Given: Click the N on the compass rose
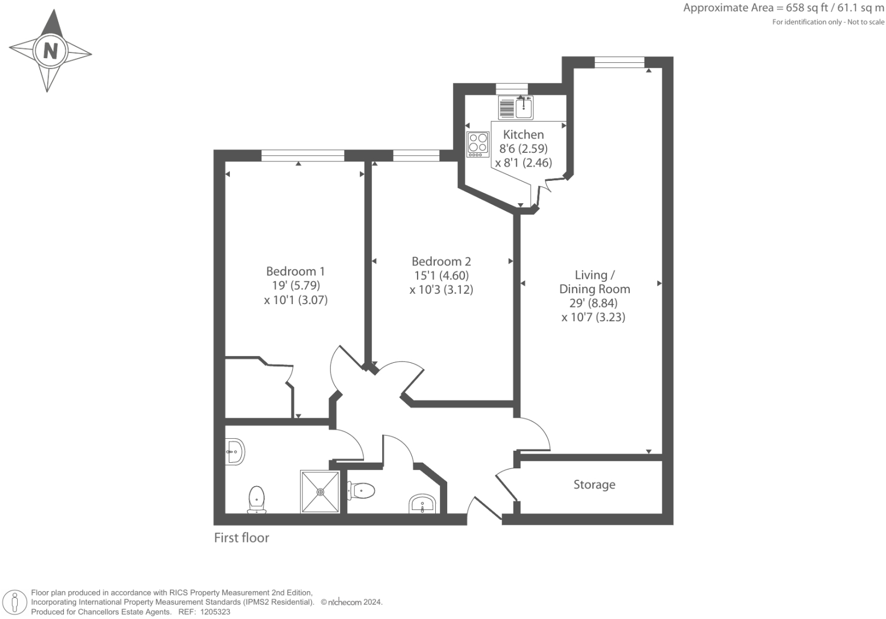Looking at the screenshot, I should (51, 51).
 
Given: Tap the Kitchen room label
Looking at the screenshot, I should (523, 135).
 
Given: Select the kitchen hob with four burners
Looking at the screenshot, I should (478, 144).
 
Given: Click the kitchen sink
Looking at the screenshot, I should (524, 107).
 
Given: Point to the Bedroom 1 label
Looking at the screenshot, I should (295, 271).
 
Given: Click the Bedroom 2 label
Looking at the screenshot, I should (441, 261).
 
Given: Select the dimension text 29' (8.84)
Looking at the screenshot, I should (593, 303).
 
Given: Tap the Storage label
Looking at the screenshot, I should (594, 484).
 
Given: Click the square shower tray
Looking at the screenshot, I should (319, 491).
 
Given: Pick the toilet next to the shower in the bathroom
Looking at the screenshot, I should (257, 499).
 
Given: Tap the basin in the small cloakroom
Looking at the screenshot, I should (422, 504).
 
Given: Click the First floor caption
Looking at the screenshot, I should (241, 537).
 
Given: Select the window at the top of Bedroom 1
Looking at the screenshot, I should (302, 155).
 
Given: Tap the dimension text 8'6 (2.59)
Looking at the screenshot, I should (523, 148).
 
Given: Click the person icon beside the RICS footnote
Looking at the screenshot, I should (15, 602).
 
